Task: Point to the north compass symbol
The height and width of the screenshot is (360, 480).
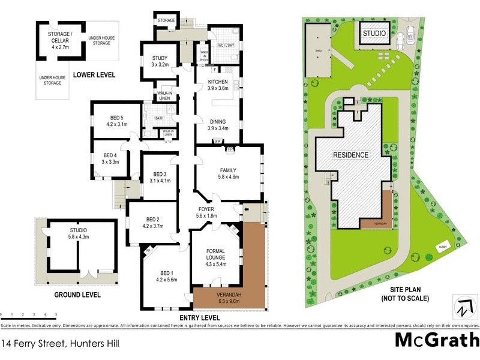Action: point(460,308)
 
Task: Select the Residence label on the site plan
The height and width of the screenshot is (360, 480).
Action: point(351,155)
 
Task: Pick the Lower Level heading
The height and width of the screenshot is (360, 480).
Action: point(94,76)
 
